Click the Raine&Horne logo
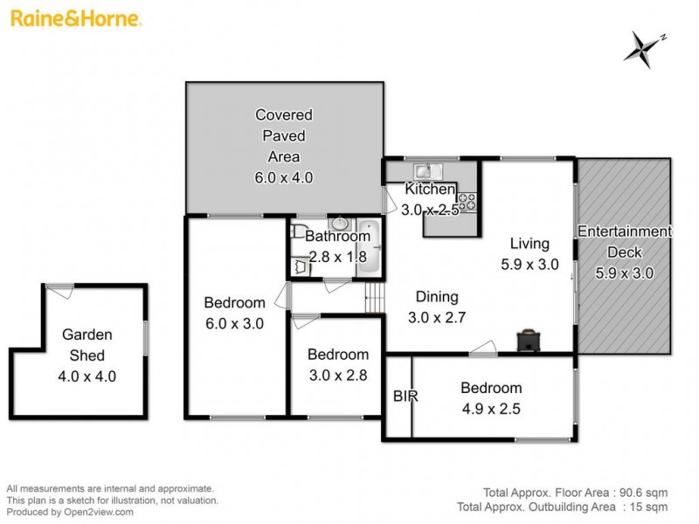(77, 17)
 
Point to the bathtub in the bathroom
(367, 249)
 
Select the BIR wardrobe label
(405, 396)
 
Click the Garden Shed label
(87, 344)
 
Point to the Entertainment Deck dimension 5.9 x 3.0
(624, 272)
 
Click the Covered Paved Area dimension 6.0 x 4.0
(283, 177)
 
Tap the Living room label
(529, 244)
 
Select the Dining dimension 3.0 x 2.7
(437, 318)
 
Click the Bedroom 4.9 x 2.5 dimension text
(492, 409)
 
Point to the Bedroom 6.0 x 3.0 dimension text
(234, 323)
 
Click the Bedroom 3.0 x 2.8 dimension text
(337, 376)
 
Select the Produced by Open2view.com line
(71, 512)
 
